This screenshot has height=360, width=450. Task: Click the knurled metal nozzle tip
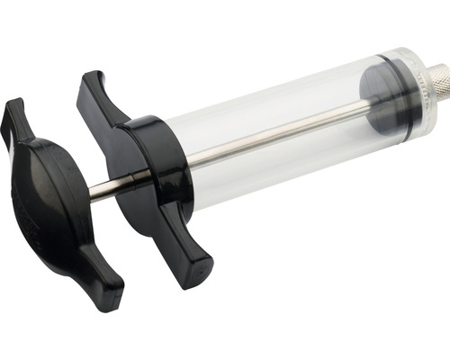435,82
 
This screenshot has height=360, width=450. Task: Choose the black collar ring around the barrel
157,162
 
